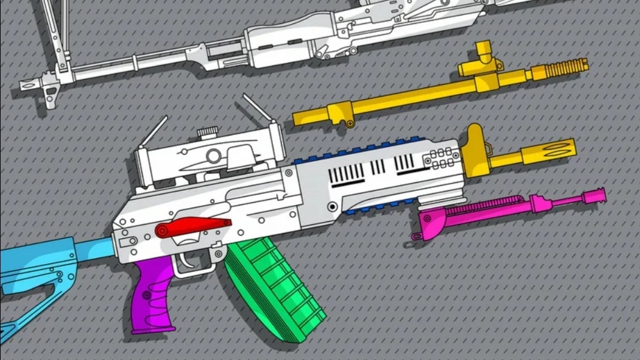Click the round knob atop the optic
pyautogui.click(x=208, y=131)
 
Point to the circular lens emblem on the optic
pyautogui.click(x=213, y=157)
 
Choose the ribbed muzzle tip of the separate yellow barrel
pyautogui.click(x=566, y=67)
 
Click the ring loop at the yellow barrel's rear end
pyautogui.click(x=348, y=124)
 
